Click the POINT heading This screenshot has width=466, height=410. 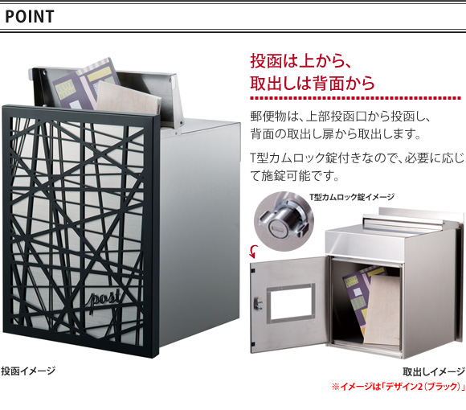pyautogui.click(x=30, y=17)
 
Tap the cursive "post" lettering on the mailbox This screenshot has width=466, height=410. pyautogui.click(x=104, y=299)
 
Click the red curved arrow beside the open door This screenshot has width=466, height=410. pyautogui.click(x=253, y=252)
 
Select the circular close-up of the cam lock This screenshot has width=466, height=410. pyautogui.click(x=284, y=221)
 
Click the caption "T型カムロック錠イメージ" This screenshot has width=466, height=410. pyautogui.click(x=352, y=197)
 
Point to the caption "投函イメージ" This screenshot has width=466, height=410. pyautogui.click(x=28, y=371)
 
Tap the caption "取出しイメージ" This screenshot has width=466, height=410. pyautogui.click(x=434, y=371)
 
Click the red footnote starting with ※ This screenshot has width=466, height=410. pyautogui.click(x=399, y=387)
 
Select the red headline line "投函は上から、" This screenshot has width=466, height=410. pyautogui.click(x=301, y=61)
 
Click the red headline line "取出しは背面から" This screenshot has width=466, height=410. pyautogui.click(x=313, y=83)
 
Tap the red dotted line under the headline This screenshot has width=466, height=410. pyautogui.click(x=355, y=98)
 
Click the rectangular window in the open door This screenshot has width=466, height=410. pyautogui.click(x=291, y=303)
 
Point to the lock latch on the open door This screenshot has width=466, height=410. pyautogui.click(x=258, y=304)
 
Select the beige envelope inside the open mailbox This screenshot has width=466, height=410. pyautogui.click(x=382, y=310)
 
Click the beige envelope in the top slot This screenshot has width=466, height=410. pyautogui.click(x=128, y=99)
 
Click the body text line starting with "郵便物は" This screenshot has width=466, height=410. pyautogui.click(x=341, y=117)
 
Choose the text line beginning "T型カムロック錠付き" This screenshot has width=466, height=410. pyautogui.click(x=357, y=158)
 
